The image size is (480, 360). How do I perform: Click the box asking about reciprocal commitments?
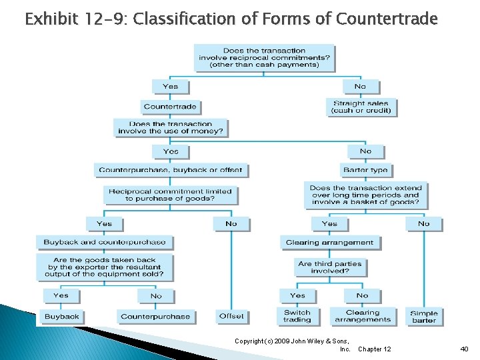point(264,58)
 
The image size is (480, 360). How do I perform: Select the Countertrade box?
point(171,107)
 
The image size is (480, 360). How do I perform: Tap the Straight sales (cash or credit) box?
point(361,107)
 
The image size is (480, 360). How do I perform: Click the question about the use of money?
point(170,127)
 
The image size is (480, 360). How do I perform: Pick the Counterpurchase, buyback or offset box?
point(171,170)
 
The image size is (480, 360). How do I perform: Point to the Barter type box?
point(365,170)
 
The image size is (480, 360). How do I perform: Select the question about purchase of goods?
point(170,195)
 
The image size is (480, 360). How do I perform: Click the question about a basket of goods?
point(365,195)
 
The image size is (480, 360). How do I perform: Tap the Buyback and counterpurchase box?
point(105,242)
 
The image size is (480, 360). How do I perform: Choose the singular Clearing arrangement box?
point(329,243)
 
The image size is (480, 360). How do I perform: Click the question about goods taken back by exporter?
point(105,267)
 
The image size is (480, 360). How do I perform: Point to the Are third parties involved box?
point(330,267)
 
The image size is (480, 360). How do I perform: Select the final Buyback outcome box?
point(62,317)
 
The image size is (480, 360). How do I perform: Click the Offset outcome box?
point(231,316)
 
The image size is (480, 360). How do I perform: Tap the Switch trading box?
point(297,316)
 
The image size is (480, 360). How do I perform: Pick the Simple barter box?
point(424,317)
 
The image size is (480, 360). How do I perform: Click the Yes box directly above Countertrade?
point(171,87)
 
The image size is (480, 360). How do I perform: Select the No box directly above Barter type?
point(365,151)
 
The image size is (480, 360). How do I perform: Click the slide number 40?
point(464,349)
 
